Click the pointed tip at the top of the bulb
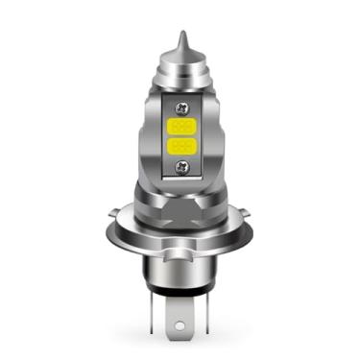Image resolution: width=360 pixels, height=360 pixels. [x=180, y=36]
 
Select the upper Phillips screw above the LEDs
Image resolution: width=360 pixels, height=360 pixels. [x=180, y=106]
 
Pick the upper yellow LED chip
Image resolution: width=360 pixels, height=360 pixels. [x=180, y=126]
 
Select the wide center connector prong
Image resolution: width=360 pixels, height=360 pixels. [x=181, y=316]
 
